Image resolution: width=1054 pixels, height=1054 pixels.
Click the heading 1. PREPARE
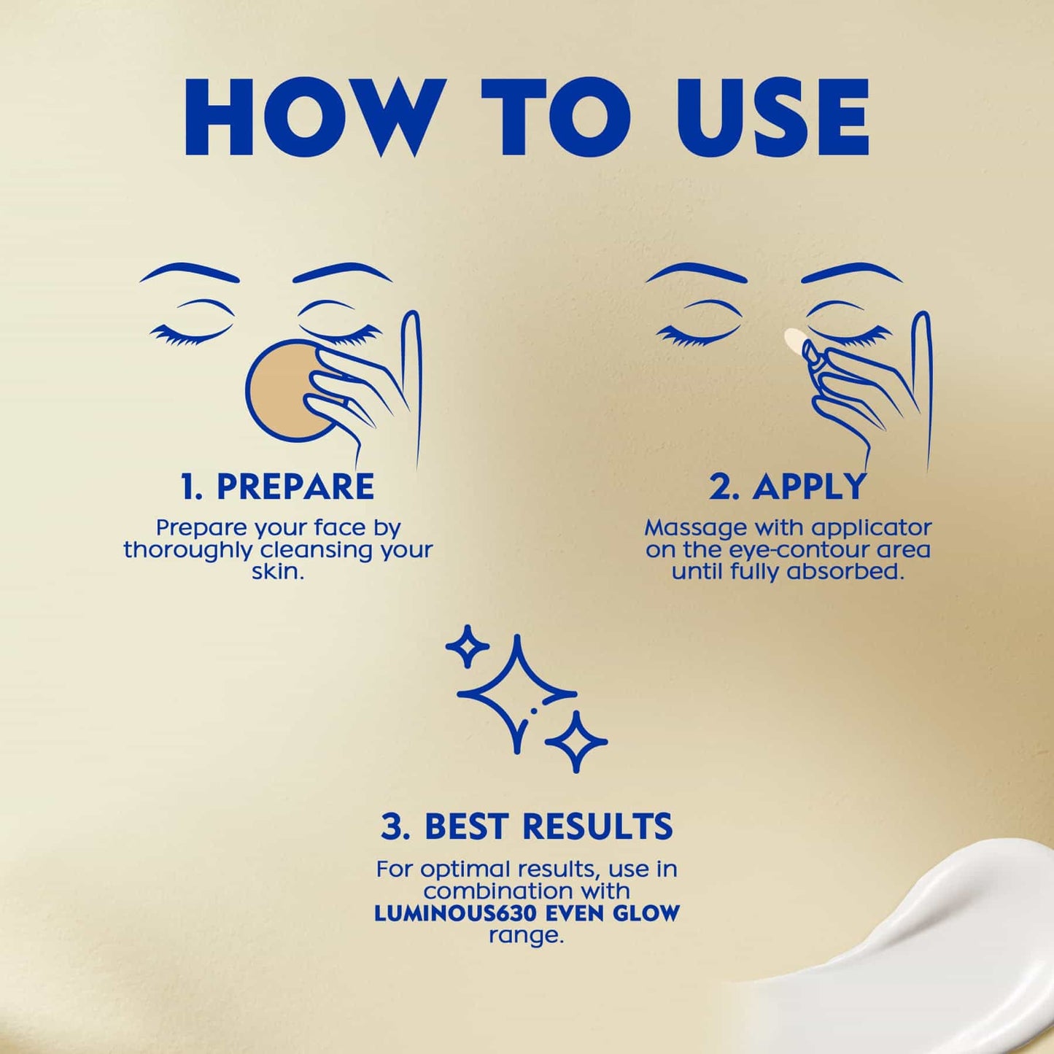pyautogui.click(x=277, y=487)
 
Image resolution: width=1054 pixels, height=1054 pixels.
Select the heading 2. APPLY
pyautogui.click(x=788, y=487)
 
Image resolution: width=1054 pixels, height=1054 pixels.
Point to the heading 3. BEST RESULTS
pyautogui.click(x=527, y=826)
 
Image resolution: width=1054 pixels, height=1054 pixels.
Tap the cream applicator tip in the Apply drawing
pyautogui.click(x=793, y=339)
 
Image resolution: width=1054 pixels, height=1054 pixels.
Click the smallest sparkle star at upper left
pyautogui.click(x=467, y=646)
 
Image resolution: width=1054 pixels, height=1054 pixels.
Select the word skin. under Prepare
pyautogui.click(x=277, y=571)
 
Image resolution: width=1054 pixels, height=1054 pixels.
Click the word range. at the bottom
pyautogui.click(x=527, y=935)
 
